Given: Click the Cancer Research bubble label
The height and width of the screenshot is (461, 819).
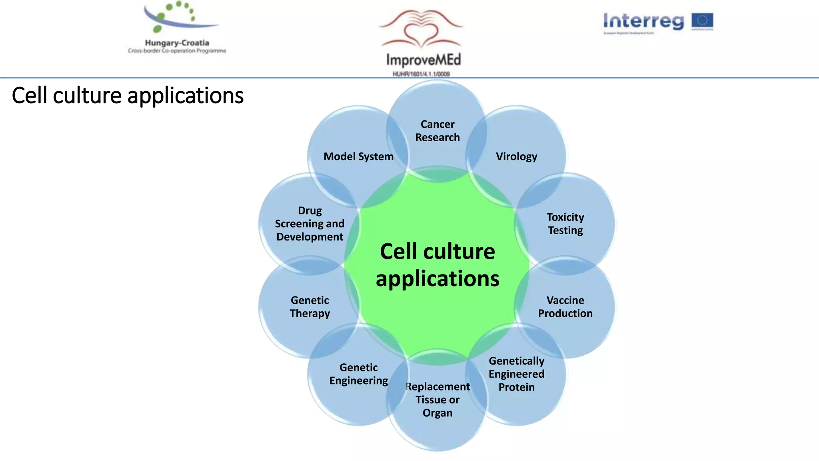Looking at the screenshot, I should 437,131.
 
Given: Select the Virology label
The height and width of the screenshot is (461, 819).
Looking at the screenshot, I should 516,156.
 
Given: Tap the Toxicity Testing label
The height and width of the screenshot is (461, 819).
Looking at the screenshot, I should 565,224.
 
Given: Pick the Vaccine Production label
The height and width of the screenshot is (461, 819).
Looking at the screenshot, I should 565,307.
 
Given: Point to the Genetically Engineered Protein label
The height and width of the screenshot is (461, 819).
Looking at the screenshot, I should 516,374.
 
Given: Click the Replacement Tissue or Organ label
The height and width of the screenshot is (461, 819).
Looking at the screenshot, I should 437,399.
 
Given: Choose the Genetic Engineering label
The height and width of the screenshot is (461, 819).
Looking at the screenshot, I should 358,374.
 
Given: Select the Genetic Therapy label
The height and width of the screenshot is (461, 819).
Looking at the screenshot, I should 310,307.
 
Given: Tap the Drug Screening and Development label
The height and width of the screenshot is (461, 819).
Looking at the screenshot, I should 310,224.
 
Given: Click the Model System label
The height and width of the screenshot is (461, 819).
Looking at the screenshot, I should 358,156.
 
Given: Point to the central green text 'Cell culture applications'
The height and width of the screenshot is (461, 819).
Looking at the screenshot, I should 437,265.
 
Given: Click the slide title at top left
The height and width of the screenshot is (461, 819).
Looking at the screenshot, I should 128,96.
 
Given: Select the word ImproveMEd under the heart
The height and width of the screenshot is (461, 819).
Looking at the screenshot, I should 423,60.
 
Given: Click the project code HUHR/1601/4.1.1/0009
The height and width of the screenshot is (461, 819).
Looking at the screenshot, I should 421,74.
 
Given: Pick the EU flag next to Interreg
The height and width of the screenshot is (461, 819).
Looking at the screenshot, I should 702,21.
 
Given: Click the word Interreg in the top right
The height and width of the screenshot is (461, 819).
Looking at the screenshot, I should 643,21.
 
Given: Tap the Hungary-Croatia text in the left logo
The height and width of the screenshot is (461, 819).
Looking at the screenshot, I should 177,43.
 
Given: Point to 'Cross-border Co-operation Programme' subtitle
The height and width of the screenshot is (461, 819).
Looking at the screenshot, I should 177,51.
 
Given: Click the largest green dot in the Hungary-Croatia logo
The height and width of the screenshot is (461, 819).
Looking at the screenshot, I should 158,29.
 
